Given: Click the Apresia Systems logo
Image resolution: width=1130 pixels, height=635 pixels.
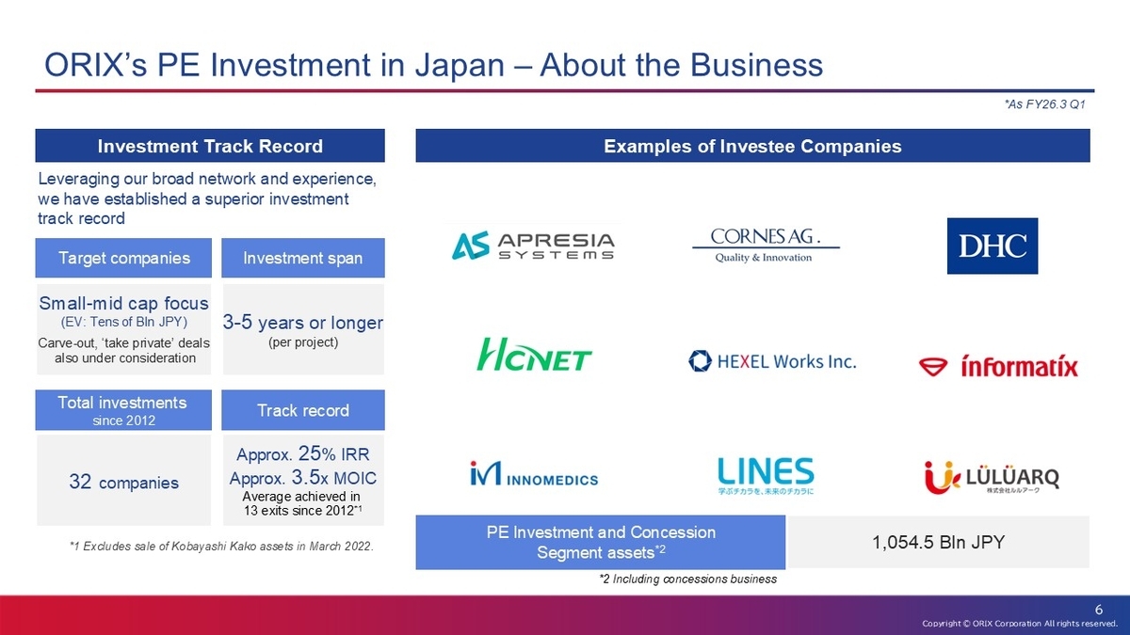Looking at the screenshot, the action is click(533, 246).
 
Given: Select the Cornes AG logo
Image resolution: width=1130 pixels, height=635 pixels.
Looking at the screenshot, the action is click(766, 246).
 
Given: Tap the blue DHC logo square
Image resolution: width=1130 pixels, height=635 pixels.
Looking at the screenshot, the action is click(993, 246).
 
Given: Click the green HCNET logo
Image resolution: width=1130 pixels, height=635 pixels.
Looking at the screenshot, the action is click(534, 355).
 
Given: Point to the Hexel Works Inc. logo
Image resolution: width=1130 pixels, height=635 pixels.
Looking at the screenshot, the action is click(772, 361).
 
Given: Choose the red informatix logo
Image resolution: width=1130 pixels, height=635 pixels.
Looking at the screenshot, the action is click(998, 366).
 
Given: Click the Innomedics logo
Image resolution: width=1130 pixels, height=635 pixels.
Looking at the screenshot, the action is click(534, 473).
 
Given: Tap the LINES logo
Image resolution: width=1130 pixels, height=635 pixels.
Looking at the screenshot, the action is click(766, 476).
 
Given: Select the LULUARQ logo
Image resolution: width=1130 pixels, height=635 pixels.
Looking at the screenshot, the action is click(992, 477).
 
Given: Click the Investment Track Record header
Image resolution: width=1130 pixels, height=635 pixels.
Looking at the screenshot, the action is click(210, 146).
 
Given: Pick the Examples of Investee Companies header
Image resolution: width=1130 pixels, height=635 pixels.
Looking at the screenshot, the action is click(752, 146).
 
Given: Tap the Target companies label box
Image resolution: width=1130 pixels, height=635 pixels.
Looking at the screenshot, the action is click(123, 258).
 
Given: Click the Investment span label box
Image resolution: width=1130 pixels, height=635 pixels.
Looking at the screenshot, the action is click(303, 258).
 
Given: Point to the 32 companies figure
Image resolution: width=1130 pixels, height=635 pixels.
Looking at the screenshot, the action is click(123, 483).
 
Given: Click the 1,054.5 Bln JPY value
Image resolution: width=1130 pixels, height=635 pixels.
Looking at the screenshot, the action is click(938, 542).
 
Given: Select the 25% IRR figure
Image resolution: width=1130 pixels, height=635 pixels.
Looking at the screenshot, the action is click(334, 453).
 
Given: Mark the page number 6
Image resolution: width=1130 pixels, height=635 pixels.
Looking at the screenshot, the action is click(1099, 610).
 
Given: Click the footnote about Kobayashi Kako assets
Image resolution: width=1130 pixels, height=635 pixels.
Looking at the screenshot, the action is click(221, 547).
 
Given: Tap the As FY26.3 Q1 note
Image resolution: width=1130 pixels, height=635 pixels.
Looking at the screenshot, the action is click(1044, 104).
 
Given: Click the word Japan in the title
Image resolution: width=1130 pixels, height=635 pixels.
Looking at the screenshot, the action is click(460, 66).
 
